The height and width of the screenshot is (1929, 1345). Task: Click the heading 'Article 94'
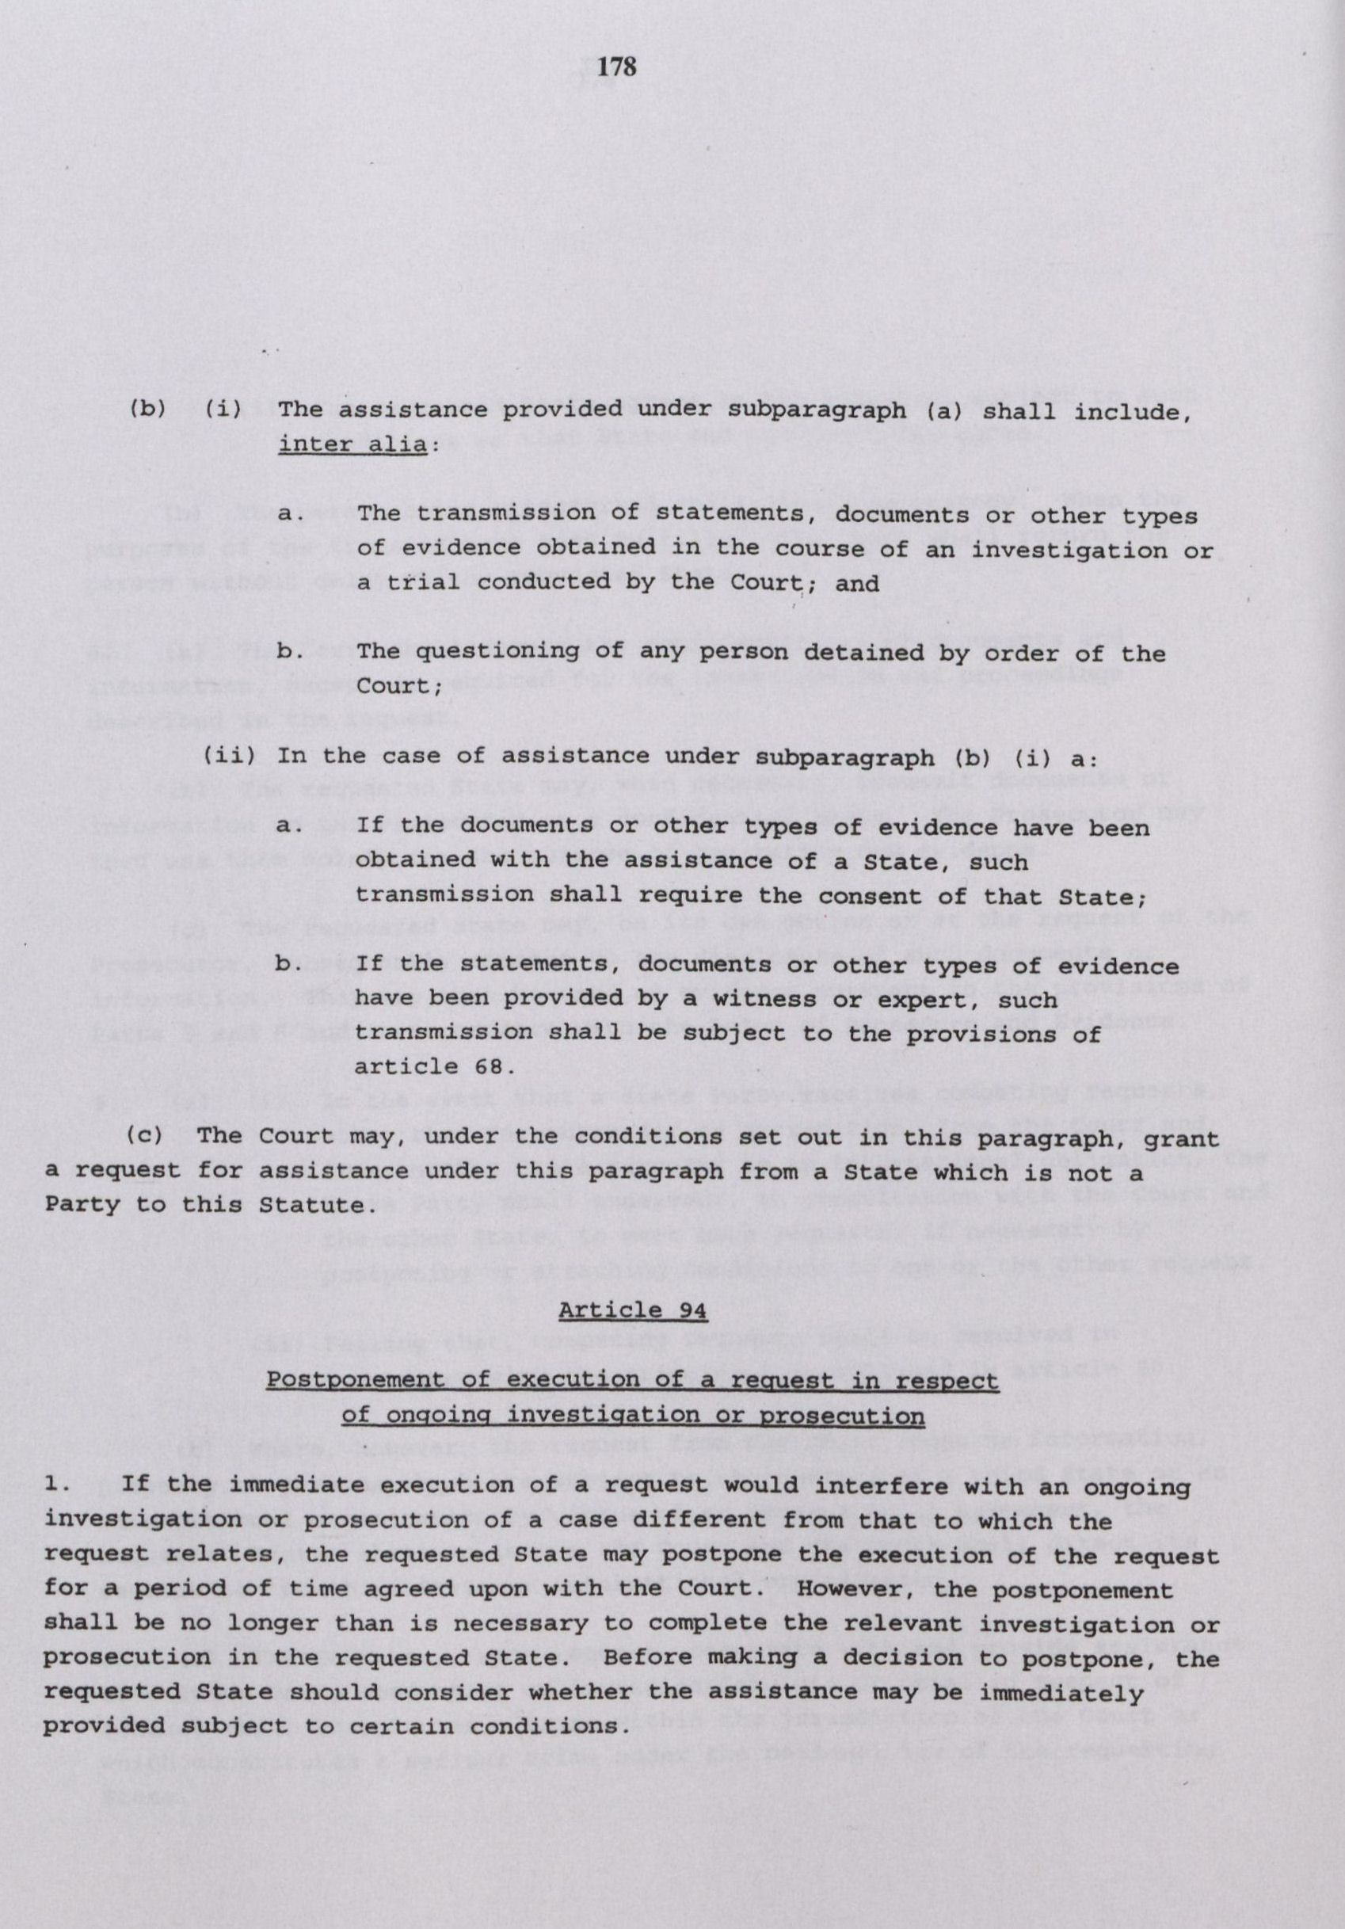tap(632, 1309)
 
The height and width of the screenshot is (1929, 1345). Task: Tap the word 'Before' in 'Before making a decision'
tap(644, 1635)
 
